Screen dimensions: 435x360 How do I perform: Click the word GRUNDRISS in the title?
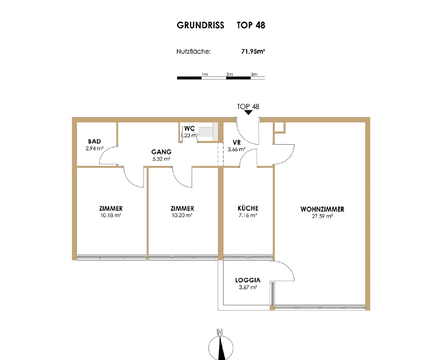tap(200, 25)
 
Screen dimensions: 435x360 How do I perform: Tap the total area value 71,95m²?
tap(253, 51)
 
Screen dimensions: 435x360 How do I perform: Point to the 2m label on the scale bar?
tap(229, 74)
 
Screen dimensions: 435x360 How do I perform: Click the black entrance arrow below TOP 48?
tap(248, 112)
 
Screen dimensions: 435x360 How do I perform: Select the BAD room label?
tap(94, 142)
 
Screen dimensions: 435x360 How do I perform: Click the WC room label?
tap(189, 128)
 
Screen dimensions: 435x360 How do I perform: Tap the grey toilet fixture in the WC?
tap(208, 132)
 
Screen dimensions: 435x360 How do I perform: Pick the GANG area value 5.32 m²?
tap(161, 159)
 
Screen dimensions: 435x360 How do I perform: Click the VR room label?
tap(237, 143)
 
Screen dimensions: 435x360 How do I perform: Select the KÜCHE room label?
tap(248, 208)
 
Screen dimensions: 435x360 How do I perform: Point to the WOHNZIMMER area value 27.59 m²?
tap(322, 216)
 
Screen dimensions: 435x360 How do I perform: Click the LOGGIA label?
tap(248, 280)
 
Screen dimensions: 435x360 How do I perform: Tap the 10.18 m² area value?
tap(111, 215)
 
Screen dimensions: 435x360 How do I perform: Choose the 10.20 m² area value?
tap(182, 215)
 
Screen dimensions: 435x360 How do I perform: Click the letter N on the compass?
tap(220, 332)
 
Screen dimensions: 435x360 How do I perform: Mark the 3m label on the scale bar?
tap(254, 74)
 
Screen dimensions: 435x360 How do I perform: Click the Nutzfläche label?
tap(194, 51)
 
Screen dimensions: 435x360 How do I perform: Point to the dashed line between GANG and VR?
tap(221, 154)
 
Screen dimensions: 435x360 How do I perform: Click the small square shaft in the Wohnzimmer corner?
tap(279, 127)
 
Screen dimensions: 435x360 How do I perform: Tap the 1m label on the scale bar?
tap(205, 74)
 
